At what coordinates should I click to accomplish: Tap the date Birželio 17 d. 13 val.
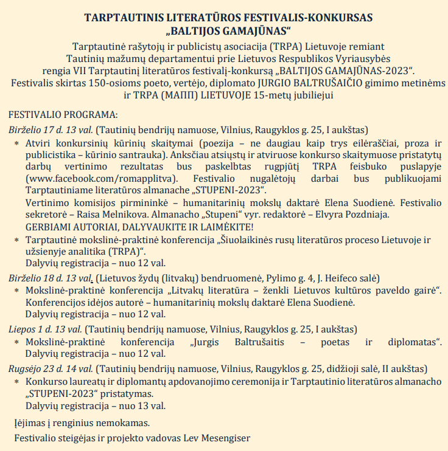tap(51, 129)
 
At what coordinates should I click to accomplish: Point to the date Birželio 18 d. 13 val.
tap(51, 278)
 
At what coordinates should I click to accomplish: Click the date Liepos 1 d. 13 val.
tap(46, 329)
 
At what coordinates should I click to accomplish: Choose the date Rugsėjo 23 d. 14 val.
tap(51, 368)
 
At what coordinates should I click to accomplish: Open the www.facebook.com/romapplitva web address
tap(102, 179)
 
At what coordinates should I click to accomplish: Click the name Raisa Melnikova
tap(102, 215)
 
